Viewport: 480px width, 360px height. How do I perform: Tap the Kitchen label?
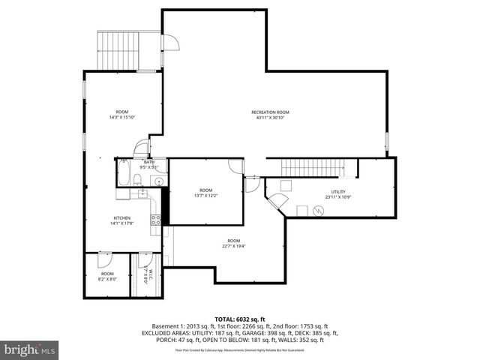click(x=121, y=218)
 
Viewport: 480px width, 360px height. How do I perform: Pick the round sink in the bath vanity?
click(x=159, y=181)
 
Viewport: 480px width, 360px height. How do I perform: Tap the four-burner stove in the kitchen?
click(x=156, y=219)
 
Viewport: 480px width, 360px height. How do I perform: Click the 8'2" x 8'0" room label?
click(x=107, y=276)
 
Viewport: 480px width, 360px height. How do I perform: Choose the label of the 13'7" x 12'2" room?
click(x=205, y=193)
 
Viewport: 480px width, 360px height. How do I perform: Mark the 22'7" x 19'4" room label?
click(x=233, y=243)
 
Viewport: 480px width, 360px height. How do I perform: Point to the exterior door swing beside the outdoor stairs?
click(x=170, y=44)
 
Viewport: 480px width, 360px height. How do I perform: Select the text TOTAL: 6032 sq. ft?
click(x=239, y=319)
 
